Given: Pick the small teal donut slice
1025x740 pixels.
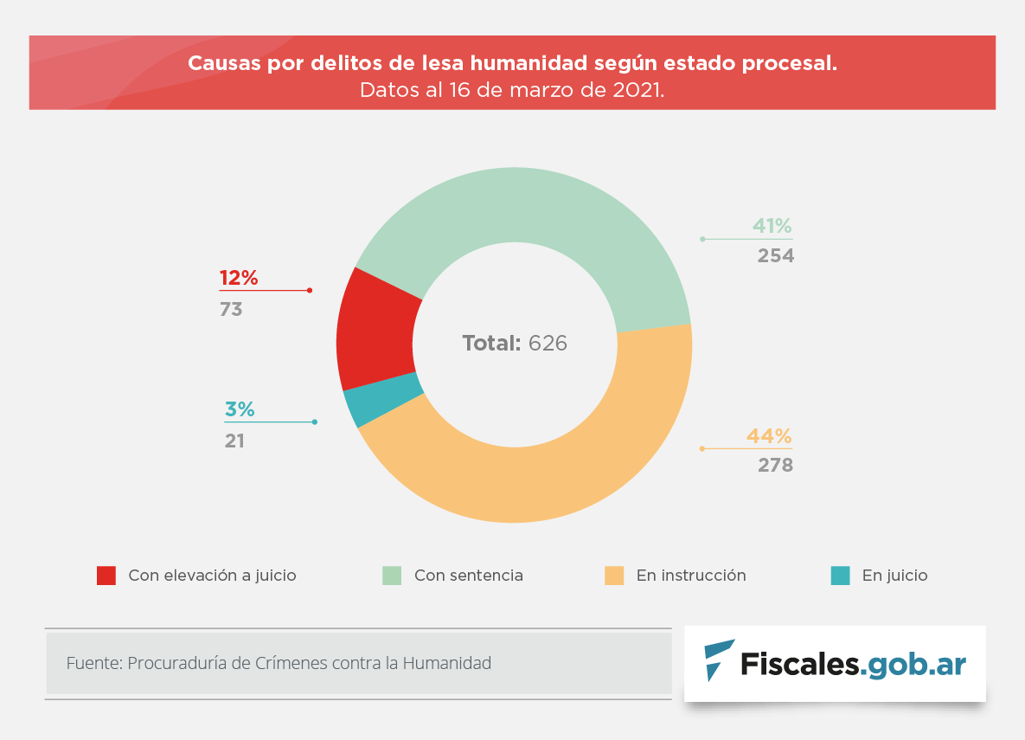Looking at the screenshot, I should [384, 400].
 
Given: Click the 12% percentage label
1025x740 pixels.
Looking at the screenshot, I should [239, 278].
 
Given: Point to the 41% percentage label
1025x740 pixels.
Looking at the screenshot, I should [772, 227].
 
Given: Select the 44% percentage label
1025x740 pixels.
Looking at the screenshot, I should [770, 436].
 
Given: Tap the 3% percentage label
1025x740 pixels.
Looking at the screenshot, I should [240, 410].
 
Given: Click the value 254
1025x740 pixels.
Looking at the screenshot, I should [776, 256].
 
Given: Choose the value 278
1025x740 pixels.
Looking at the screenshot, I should [775, 466].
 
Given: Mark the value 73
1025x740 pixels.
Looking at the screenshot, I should [231, 309].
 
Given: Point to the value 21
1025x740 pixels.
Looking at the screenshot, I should [234, 441].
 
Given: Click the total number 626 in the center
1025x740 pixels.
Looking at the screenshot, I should [548, 343].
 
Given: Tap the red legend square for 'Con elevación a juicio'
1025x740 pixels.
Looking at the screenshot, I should [106, 576].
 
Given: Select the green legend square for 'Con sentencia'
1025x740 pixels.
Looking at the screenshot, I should [392, 576].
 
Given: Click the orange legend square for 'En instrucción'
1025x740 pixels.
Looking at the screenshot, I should [614, 576].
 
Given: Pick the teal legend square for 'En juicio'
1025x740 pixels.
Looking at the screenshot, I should [840, 576].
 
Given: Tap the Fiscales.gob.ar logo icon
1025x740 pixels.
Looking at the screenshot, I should [718, 660].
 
